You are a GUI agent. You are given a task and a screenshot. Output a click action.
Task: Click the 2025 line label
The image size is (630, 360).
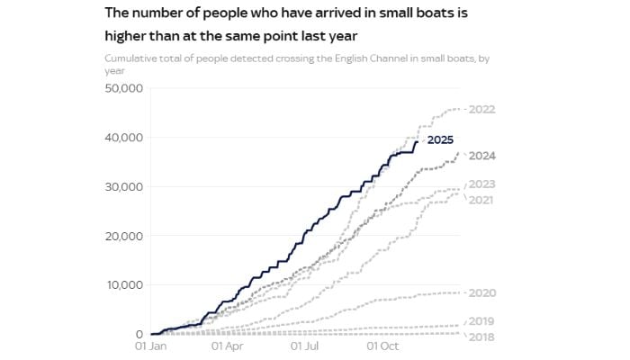coord(440,139)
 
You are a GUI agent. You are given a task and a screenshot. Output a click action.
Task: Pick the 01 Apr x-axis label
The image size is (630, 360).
coord(227,345)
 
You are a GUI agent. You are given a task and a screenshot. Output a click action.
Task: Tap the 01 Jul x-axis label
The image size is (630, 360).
coord(306,345)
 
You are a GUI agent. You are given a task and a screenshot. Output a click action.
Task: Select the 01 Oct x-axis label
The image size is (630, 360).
coord(384,345)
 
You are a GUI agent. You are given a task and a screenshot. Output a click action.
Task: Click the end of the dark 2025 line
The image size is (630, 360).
coord(418,140)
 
